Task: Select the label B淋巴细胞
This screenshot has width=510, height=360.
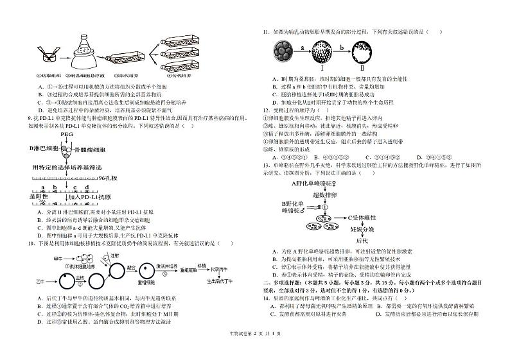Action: point(44,148)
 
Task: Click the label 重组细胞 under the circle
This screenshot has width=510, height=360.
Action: point(146,282)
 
